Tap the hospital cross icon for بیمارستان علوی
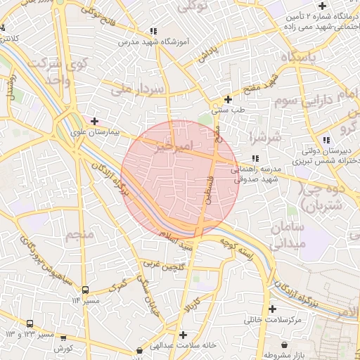[x=94, y=121]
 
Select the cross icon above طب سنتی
[x=227, y=99]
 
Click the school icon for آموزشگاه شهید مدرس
[x=153, y=32]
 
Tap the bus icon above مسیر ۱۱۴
[x=85, y=290]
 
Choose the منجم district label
[x=79, y=234]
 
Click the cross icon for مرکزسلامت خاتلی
[x=272, y=309]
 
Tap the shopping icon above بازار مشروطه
[x=284, y=345]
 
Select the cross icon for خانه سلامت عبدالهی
[x=183, y=335]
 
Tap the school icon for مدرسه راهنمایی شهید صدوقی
[x=255, y=158]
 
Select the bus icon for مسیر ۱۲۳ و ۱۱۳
[x=30, y=323]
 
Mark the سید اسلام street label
[x=176, y=244]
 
